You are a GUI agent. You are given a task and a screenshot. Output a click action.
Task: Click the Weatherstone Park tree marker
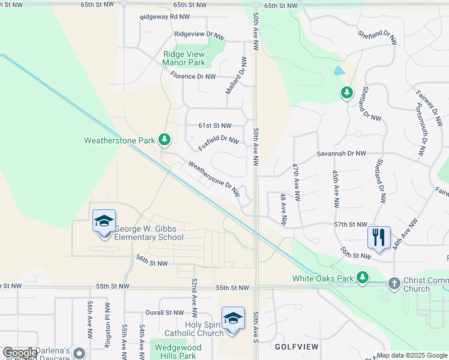(x=164, y=140)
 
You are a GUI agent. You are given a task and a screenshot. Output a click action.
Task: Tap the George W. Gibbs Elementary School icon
(x=104, y=221)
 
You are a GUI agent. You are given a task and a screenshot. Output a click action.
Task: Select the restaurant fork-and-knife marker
(x=378, y=236)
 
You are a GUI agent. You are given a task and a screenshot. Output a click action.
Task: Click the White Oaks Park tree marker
(x=362, y=277)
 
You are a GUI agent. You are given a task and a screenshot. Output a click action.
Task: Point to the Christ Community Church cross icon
(x=394, y=282)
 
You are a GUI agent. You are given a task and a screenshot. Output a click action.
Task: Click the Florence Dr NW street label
(x=193, y=76)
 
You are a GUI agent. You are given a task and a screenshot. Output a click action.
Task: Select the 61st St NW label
(x=215, y=125)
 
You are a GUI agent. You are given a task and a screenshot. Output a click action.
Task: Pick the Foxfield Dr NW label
(x=219, y=143)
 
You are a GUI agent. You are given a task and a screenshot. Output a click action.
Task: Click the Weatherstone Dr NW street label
(x=214, y=179)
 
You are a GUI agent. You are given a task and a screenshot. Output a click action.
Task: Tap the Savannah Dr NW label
(x=341, y=154)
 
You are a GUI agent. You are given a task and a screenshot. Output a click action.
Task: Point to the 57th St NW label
(x=351, y=224)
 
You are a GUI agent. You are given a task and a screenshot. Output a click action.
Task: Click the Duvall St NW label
(x=164, y=313)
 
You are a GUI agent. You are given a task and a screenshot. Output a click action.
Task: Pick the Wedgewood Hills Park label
(x=175, y=352)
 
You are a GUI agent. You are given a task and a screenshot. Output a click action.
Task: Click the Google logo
(x=20, y=353)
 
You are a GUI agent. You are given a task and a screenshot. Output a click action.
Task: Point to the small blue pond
(x=340, y=70)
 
